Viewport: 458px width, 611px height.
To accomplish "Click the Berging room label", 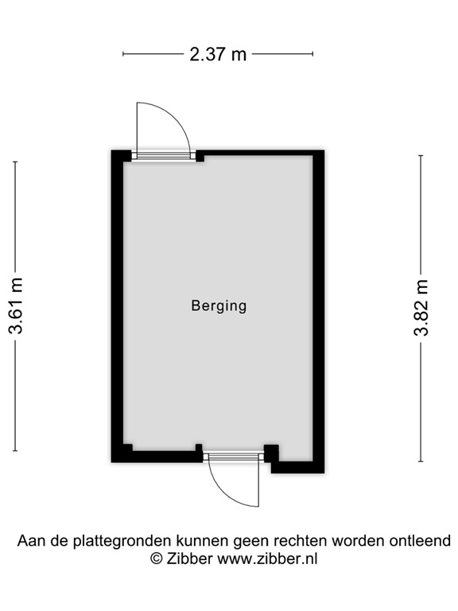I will [219, 305].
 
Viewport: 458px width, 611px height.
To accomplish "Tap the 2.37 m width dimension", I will [217, 54].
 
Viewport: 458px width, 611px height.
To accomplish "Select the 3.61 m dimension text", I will [16, 306].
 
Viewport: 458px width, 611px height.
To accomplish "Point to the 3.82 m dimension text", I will [421, 307].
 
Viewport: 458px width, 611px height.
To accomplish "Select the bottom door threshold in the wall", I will [233, 457].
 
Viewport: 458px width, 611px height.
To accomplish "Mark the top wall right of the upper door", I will [258, 153].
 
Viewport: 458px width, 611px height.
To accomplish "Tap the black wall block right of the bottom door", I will [272, 453].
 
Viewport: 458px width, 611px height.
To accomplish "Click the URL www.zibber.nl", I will [268, 558].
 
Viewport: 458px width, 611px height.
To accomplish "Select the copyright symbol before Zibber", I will [157, 558].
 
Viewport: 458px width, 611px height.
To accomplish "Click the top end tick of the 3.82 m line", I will [421, 155].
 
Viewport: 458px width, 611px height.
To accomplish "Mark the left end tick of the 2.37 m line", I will [123, 54].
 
